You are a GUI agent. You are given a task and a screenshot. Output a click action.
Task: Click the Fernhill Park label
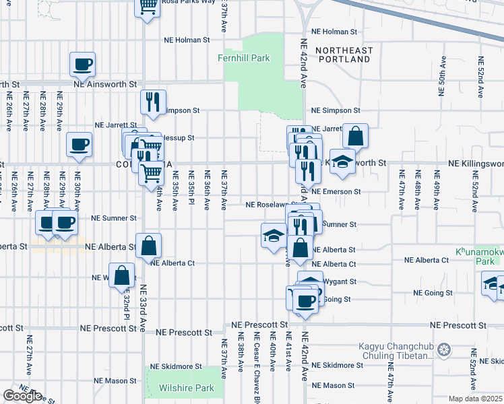point(243,59)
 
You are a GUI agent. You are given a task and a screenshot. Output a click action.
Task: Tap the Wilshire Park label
point(186,388)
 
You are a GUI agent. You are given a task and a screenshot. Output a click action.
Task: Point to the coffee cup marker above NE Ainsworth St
point(83,65)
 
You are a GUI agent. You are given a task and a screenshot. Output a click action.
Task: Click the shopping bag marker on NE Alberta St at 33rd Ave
point(148,246)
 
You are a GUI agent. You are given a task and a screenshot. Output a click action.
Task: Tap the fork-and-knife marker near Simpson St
point(153,102)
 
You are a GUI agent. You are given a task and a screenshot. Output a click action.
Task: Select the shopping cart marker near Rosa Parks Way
point(148,7)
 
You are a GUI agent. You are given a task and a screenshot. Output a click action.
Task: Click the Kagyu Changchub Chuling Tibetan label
point(395,350)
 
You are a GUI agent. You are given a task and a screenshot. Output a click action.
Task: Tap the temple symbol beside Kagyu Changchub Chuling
point(443,349)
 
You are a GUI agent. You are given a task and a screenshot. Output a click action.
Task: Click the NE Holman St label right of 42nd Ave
point(334,32)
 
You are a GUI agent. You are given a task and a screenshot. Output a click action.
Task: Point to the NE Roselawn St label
point(269,204)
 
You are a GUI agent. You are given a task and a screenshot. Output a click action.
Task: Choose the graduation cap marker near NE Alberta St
point(274,236)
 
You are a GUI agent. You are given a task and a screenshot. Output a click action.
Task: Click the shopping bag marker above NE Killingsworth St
point(355,136)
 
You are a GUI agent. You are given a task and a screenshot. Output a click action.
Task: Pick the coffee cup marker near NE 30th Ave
point(78,145)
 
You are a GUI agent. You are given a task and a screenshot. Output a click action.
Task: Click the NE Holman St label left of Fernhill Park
point(187,40)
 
